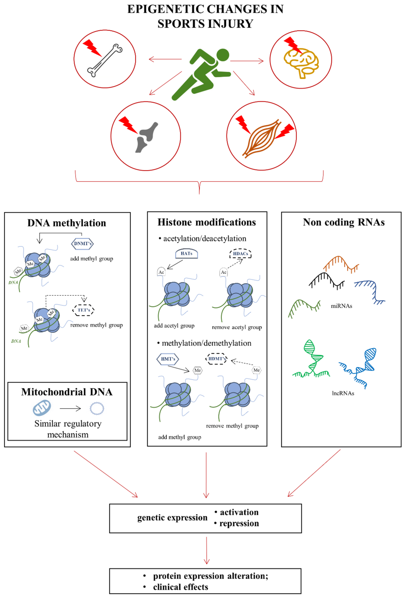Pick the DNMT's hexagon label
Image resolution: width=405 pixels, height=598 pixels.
(82, 243)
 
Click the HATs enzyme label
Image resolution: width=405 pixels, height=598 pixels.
(186, 253)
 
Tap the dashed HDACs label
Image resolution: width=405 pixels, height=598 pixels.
(240, 254)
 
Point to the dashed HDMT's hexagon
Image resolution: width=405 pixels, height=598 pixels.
(216, 359)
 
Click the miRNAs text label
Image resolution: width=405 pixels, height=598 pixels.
(341, 306)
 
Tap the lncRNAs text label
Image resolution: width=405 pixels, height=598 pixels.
(343, 393)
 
